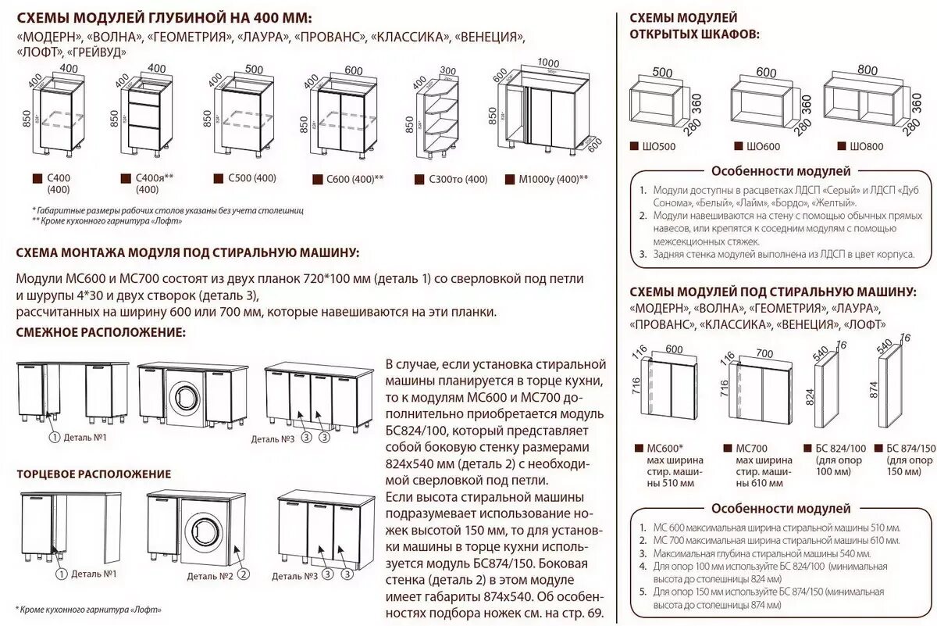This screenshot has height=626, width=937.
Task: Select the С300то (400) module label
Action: click(457, 179)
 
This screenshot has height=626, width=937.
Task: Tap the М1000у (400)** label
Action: click(553, 179)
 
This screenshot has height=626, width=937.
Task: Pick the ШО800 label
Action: click(854, 146)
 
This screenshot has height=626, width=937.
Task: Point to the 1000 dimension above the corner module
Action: click(549, 63)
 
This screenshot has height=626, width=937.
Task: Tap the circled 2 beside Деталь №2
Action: click(244, 574)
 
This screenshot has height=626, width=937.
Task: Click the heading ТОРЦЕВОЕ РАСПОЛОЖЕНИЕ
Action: click(94, 474)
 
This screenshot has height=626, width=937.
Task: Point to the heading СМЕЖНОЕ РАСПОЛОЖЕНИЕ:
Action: click(101, 333)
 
